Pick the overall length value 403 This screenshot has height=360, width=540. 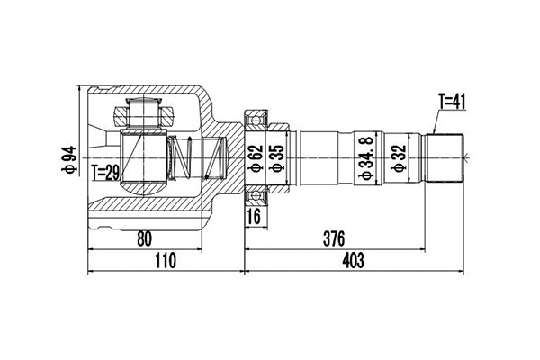353,261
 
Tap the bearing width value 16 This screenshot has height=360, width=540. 255,216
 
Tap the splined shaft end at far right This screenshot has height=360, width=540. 445,157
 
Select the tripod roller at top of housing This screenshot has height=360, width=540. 143,114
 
